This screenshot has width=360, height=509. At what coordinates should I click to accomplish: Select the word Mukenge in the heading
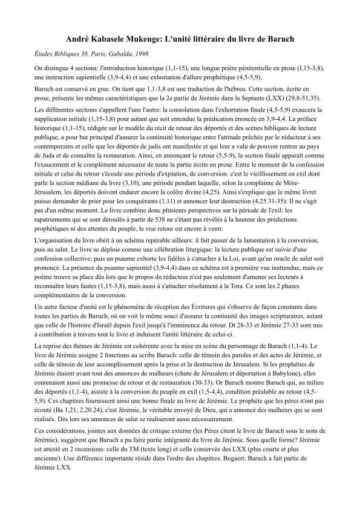click(x=139, y=39)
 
